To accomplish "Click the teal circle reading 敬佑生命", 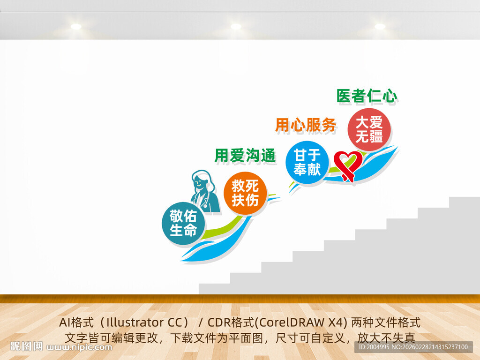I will (x=183, y=223).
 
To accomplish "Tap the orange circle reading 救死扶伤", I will (x=245, y=193).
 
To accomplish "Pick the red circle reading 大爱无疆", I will (x=369, y=130).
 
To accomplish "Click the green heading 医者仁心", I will (x=367, y=96).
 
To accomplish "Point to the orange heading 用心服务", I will (x=305, y=125).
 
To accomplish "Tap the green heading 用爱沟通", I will (x=245, y=155).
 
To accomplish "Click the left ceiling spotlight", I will (x=76, y=27).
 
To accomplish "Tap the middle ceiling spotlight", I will (x=236, y=27).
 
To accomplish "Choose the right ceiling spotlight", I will (x=380, y=27).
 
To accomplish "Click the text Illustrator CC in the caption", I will (x=147, y=322).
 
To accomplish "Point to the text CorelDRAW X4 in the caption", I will (x=303, y=322).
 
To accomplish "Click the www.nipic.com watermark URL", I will (x=80, y=347).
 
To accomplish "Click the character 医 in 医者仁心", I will (x=344, y=96).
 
